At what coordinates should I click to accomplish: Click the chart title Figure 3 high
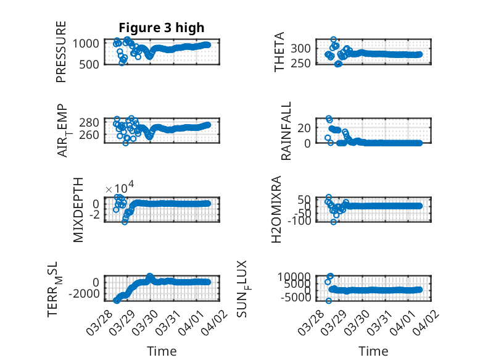[162, 28]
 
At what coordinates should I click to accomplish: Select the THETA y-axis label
[280, 52]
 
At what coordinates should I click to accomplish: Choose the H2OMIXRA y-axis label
[279, 210]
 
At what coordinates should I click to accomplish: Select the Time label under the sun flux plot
[373, 351]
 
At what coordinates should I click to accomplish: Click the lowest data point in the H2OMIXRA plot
[334, 222]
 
